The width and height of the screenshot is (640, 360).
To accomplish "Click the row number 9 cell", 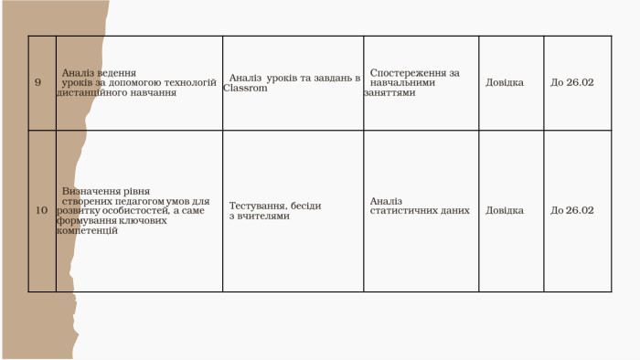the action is click(37, 83).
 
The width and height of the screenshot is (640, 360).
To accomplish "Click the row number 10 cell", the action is click(41, 210).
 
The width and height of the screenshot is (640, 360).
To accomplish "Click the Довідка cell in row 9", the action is click(505, 83).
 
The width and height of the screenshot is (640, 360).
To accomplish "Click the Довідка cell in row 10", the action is click(505, 210).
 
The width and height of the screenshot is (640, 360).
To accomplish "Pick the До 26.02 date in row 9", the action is click(572, 83).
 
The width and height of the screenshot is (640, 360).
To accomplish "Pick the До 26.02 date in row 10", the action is click(572, 210).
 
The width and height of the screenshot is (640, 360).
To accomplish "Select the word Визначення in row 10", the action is click(92, 191).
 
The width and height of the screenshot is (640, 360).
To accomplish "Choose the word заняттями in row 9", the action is click(389, 92).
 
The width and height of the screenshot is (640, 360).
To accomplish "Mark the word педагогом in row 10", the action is click(139, 201).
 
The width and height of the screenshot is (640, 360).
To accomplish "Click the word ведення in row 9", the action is click(120, 72).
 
